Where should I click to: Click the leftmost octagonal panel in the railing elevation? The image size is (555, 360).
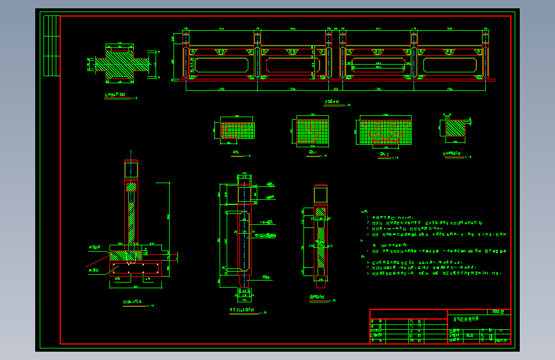(221, 65)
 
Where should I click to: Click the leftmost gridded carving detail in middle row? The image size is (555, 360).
(237, 131)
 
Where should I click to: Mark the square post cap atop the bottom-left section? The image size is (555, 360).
(131, 170)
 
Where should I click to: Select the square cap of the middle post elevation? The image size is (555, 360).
(245, 194)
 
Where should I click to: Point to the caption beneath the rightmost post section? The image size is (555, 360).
(318, 297)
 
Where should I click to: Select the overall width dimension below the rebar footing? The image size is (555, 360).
(135, 286)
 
